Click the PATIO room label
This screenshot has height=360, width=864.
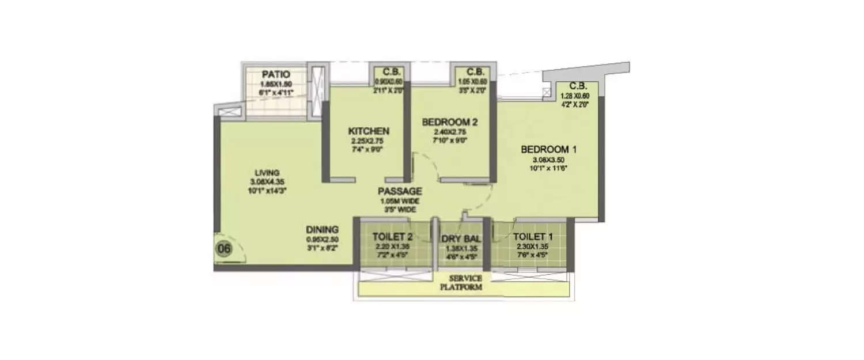275,74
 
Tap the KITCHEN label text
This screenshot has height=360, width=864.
368,131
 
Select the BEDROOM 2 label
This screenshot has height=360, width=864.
450,122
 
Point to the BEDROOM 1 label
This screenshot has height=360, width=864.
548,150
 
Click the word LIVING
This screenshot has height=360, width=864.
268,173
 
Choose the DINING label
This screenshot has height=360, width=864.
322,229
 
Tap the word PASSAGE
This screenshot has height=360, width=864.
400,191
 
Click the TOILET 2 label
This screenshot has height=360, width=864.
392,236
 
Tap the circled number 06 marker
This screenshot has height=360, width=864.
223,249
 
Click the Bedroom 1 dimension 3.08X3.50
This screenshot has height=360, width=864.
548,160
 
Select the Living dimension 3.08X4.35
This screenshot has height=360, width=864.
268,181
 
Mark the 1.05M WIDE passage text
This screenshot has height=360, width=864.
400,201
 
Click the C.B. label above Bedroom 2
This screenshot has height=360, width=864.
475,72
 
